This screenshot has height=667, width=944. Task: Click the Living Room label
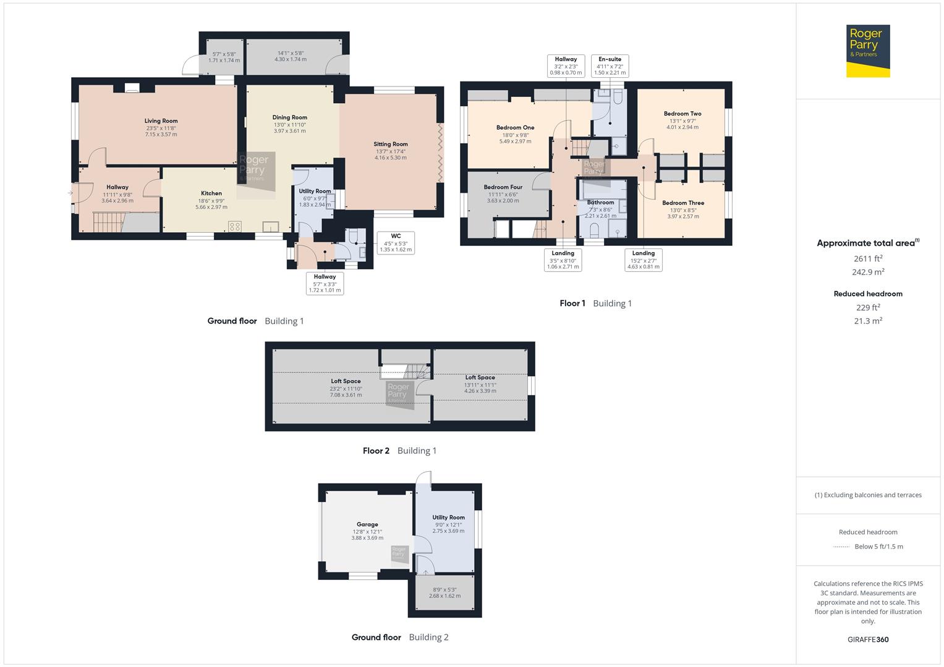(161, 121)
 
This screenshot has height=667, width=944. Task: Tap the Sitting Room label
(391, 144)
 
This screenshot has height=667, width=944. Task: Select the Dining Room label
(289, 117)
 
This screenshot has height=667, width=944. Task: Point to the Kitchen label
(211, 193)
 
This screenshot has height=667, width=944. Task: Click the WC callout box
(396, 243)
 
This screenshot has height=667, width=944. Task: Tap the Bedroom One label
(515, 128)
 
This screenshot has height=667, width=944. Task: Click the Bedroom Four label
(503, 187)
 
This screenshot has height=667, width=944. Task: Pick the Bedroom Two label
(682, 114)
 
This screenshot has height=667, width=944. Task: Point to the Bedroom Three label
(683, 203)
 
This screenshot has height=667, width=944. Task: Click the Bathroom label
(600, 203)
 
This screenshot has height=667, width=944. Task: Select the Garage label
(367, 524)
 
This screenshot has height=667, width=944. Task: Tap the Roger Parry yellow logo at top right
(867, 51)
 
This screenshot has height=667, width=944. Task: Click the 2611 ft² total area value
(867, 259)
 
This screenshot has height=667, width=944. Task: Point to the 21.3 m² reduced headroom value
(867, 321)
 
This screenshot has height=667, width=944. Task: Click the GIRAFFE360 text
(867, 639)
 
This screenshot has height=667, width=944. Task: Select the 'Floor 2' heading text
(376, 451)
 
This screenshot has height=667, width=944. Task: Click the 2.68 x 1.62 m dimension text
(444, 597)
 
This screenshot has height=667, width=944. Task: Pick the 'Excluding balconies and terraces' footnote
(867, 495)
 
